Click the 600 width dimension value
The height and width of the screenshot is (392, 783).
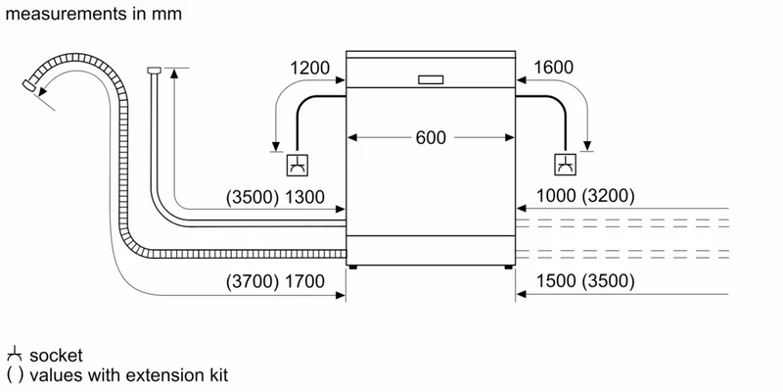pos(431,138)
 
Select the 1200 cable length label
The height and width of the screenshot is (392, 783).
pos(309,68)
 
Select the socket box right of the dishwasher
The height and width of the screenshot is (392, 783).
pos(566,164)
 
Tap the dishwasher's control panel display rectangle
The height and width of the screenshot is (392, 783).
pos(431,79)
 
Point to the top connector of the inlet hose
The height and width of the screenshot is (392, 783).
pos(153,71)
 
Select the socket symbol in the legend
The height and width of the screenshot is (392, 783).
pos(14,355)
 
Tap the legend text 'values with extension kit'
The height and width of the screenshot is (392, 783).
pos(127,374)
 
